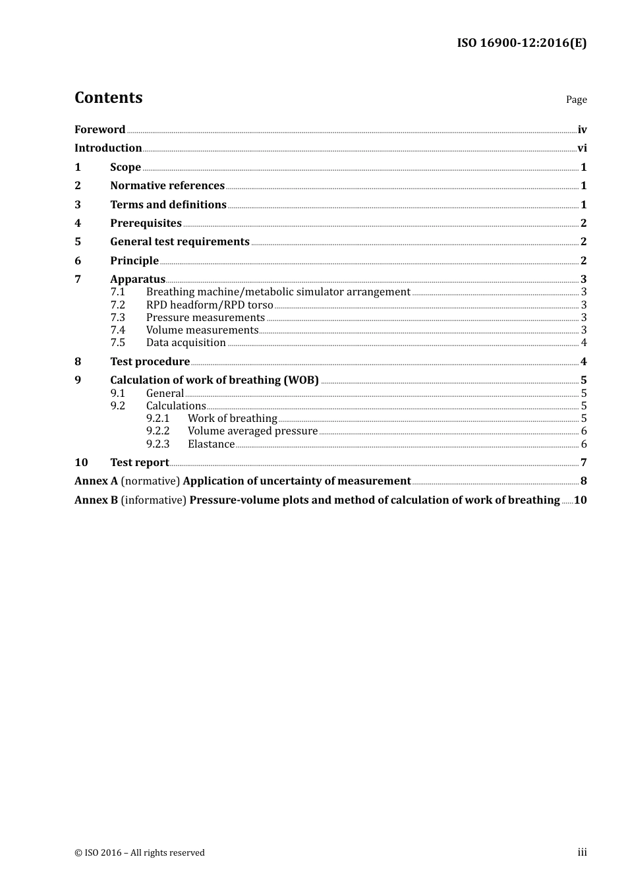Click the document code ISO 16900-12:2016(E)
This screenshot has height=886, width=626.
[x=521, y=43]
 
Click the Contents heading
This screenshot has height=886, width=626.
[x=108, y=98]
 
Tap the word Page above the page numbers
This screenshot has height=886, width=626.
[x=576, y=100]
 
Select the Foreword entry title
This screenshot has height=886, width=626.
[x=100, y=129]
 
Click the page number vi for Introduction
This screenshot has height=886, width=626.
[x=582, y=148]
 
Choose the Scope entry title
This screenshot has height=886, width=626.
[x=125, y=167]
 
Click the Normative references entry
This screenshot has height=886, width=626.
[x=167, y=185]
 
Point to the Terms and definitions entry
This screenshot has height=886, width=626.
[x=168, y=204]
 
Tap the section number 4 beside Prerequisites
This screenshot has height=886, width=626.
[x=78, y=223]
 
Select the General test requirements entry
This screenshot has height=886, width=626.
[x=180, y=241]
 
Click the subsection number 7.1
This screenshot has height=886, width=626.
[x=117, y=291]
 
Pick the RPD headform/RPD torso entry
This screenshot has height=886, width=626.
[x=210, y=305]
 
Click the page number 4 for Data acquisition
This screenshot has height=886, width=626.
[x=584, y=342]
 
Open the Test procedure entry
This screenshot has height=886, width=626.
[x=150, y=361]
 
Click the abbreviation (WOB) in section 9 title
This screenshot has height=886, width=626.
[x=301, y=380]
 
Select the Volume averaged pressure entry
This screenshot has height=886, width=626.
[x=252, y=430]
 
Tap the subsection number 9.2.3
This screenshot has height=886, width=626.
[x=157, y=444]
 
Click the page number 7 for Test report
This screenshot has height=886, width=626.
[x=584, y=462]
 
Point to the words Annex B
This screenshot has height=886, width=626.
[x=96, y=500]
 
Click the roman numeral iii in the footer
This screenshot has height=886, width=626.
[x=582, y=852]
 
